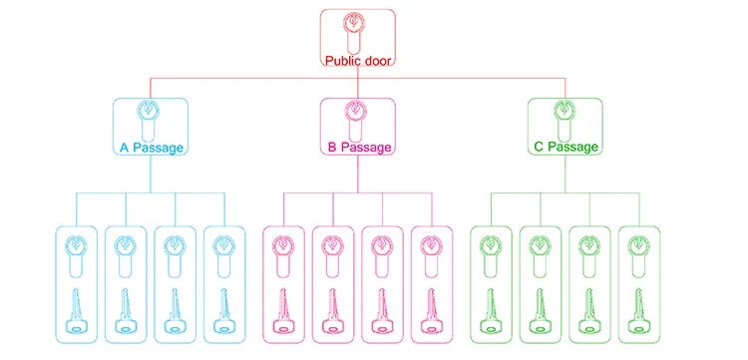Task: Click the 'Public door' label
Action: click(356, 61)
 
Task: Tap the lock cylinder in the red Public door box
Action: click(356, 32)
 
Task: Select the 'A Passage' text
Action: click(151, 148)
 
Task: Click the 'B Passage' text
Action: click(357, 148)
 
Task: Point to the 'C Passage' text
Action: click(565, 148)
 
